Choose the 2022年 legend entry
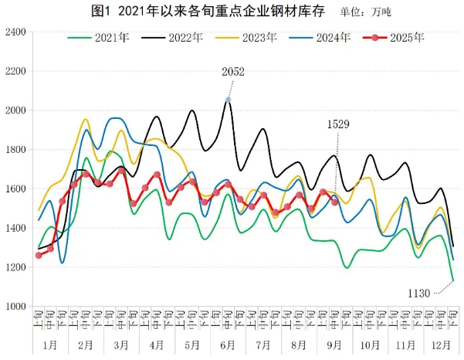tap(184, 37)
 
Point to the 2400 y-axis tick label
tap(15, 32)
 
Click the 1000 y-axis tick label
tap(15, 307)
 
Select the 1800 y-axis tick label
tap(15, 150)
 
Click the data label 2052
tap(233, 72)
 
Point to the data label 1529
tap(340, 124)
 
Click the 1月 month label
tap(50, 342)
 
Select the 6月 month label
tap(227, 342)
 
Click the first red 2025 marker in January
tap(39, 255)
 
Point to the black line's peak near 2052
tap(228, 100)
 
